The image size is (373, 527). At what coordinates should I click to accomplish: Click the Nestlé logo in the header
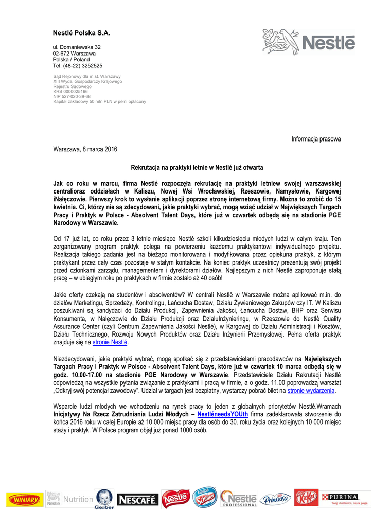[x=308, y=41]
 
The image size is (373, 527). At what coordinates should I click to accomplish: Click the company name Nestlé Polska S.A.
[x=82, y=33]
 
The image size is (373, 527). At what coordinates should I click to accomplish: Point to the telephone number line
[x=77, y=66]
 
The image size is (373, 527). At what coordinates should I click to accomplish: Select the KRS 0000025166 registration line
[x=70, y=92]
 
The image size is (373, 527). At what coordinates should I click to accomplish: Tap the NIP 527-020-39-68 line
[x=72, y=96]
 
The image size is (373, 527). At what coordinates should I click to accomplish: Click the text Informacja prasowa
[x=316, y=139]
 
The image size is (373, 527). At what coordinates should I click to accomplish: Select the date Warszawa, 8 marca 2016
[x=85, y=149]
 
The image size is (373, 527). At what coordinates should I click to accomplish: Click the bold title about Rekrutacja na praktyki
[x=197, y=168]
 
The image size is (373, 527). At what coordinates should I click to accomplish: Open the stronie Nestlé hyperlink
[x=110, y=342]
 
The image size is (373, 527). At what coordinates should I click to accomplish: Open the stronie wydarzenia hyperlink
[x=311, y=391]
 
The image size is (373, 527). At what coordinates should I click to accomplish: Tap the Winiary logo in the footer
[x=25, y=499]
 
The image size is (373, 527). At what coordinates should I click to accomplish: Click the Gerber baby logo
[x=104, y=499]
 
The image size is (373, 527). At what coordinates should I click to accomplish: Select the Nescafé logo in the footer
[x=137, y=499]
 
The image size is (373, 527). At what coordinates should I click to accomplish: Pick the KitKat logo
[x=306, y=498]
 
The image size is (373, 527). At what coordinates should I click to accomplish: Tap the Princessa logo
[x=275, y=499]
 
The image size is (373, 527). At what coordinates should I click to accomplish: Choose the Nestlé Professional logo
[x=239, y=499]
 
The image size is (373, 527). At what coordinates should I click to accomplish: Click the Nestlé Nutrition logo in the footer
[x=70, y=499]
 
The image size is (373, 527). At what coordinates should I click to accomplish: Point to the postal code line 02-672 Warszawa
[x=74, y=54]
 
